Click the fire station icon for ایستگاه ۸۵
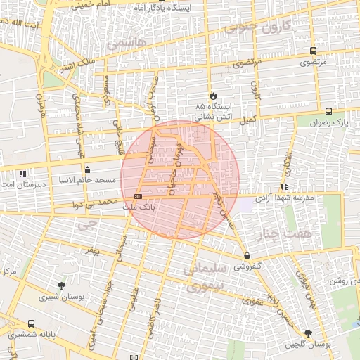click(x=213, y=94)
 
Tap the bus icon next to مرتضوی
click(x=312, y=51)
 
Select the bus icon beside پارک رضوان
click(x=328, y=111)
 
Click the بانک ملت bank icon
click(x=138, y=196)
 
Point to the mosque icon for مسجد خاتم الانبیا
click(x=87, y=169)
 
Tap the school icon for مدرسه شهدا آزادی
click(x=284, y=186)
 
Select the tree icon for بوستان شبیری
click(x=63, y=285)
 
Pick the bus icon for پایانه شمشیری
click(x=31, y=323)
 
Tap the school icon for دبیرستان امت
click(x=22, y=173)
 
